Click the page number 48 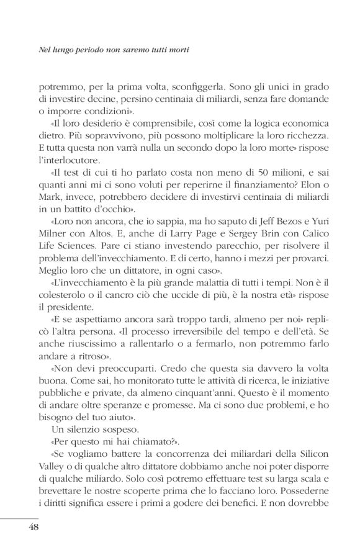(x=34, y=528)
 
